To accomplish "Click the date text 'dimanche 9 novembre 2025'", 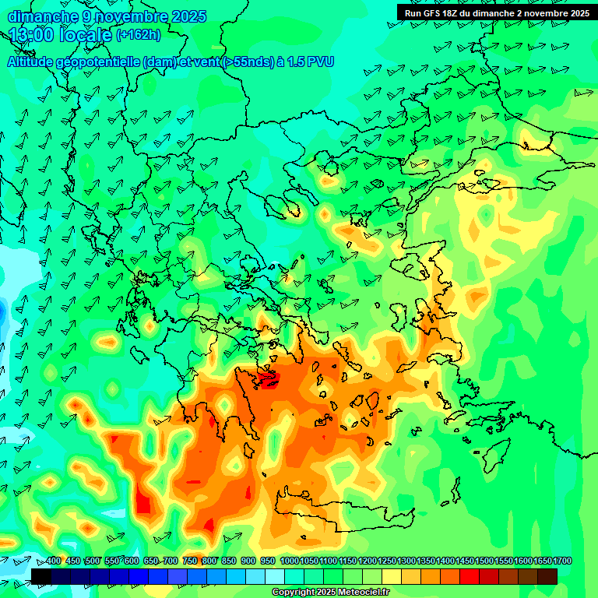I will pos(107,16).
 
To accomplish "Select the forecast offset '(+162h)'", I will pos(139,35).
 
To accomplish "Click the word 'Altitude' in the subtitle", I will pos(34,62).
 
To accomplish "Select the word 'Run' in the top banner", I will pos(413,13).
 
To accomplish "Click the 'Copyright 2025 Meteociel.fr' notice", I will pos(331,593).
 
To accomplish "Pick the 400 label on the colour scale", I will pos(53,561).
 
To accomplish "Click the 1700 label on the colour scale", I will pos(543,561).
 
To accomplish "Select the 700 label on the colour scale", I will pos(170,561).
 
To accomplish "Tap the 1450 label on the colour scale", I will pos(445,561).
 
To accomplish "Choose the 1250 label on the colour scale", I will pos(368,561).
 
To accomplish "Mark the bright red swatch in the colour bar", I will pos(470,576).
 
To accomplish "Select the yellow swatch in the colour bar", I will pos(392,576).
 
